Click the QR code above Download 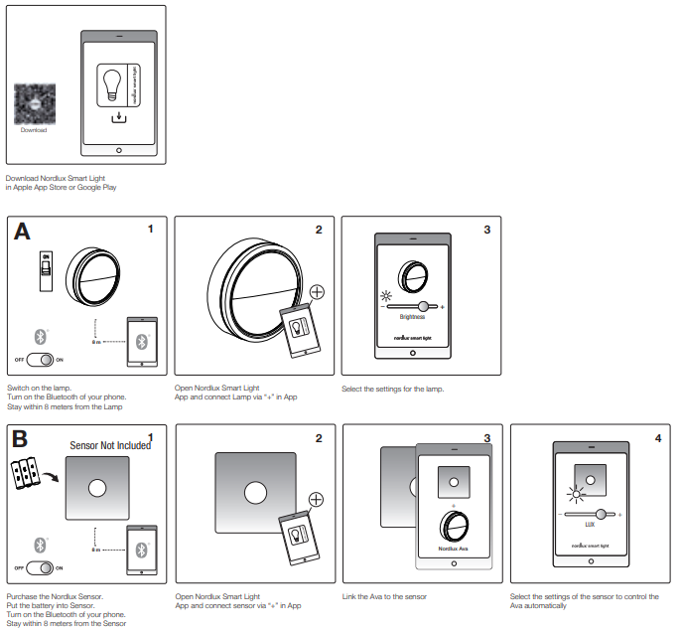(x=34, y=103)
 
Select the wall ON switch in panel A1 (x=45, y=271)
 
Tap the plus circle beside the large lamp (x=317, y=292)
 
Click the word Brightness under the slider (x=412, y=317)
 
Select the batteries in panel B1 (x=27, y=474)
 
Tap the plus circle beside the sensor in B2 (x=317, y=499)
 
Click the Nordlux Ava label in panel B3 (x=452, y=549)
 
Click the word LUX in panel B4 (x=589, y=523)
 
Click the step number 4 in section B (x=658, y=437)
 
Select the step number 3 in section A (x=486, y=230)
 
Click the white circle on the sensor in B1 (x=99, y=488)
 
